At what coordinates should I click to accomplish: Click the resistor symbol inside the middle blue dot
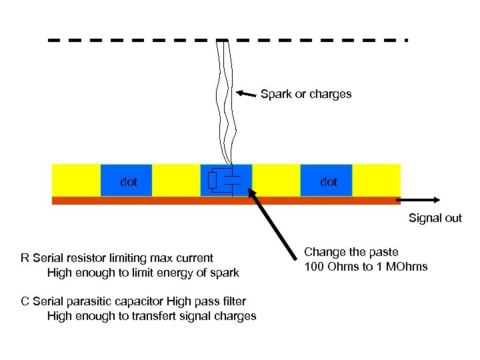tap(213, 181)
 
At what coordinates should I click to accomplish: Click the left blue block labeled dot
tap(127, 181)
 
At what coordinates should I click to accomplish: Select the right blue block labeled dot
tap(327, 181)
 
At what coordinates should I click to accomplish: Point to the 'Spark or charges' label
tap(306, 94)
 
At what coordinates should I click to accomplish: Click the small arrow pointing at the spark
tap(247, 93)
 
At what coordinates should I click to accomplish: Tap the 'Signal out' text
tap(435, 218)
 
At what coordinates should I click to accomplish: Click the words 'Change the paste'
tap(351, 252)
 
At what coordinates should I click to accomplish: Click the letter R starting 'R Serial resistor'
tap(25, 258)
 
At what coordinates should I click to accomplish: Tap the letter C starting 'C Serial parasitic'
tap(25, 301)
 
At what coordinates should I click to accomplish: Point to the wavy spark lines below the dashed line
tap(225, 100)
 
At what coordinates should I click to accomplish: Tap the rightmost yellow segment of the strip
tap(377, 180)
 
